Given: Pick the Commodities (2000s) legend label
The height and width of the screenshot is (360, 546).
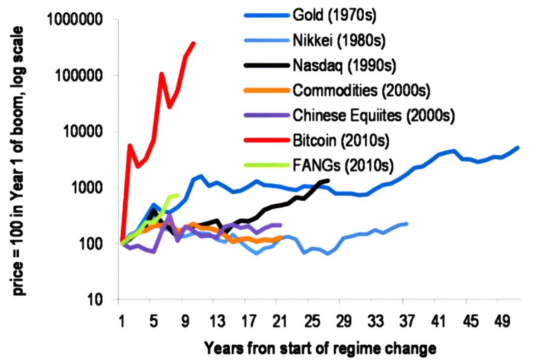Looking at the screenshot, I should point(361,90).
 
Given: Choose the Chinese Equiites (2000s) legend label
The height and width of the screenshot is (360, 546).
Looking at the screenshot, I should point(374,116).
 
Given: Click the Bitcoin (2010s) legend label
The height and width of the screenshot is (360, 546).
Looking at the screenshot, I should point(341,141).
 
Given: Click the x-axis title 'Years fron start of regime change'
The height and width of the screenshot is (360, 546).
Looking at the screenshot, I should point(320,348).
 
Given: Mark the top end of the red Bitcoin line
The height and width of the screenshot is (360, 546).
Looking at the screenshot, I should point(194,43).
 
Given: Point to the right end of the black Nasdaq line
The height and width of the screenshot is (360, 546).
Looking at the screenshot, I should point(328,180).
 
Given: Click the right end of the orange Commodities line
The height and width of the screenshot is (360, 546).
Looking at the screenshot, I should point(281,237).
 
